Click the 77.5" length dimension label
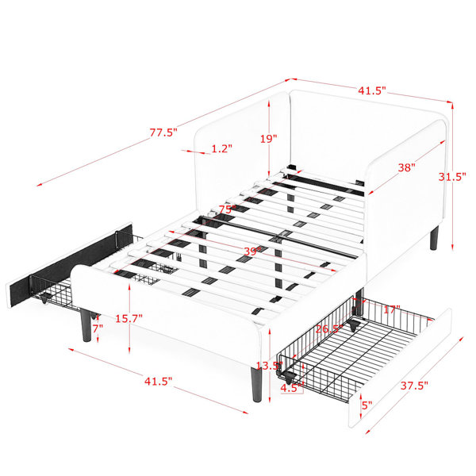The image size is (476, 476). [163, 132]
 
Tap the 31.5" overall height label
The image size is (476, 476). [452, 177]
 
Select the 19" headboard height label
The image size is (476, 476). [269, 139]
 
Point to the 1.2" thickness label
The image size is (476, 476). [221, 148]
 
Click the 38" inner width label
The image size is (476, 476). [406, 167]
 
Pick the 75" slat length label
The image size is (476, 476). [228, 209]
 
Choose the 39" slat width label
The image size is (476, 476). [252, 251]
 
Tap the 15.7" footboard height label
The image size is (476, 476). [129, 318]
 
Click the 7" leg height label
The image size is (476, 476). [98, 328]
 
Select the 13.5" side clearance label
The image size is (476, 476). [270, 366]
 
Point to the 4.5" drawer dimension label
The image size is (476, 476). [291, 388]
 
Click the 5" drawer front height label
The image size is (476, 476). [367, 405]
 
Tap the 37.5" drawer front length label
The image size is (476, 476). [414, 386]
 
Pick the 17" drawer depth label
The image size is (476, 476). [392, 309]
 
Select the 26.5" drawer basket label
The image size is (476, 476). [329, 328]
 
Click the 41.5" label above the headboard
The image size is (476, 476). [372, 90]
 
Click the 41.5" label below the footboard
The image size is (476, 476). [158, 382]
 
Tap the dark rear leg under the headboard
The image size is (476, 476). [435, 238]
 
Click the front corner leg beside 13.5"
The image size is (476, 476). [256, 385]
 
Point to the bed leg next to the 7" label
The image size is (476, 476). [86, 326]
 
